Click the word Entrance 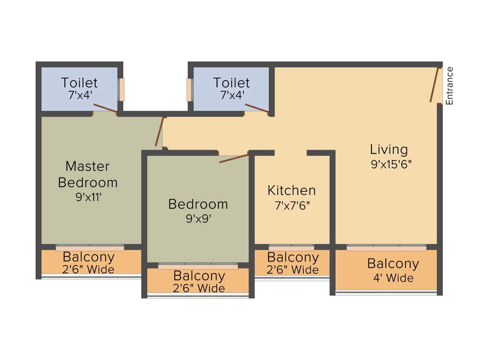[450, 86]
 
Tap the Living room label [389, 150]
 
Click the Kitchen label [292, 190]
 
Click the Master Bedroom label [88, 174]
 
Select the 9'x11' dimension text [89, 197]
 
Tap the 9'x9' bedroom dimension [198, 219]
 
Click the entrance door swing [435, 85]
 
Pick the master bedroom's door [160, 132]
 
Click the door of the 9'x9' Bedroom [234, 158]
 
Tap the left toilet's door [105, 109]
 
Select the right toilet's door [256, 109]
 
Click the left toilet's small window [121, 90]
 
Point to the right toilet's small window [189, 90]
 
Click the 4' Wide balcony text [393, 278]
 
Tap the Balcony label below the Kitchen [292, 257]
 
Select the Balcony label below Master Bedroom [89, 257]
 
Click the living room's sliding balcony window [386, 247]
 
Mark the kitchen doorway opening [291, 153]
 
